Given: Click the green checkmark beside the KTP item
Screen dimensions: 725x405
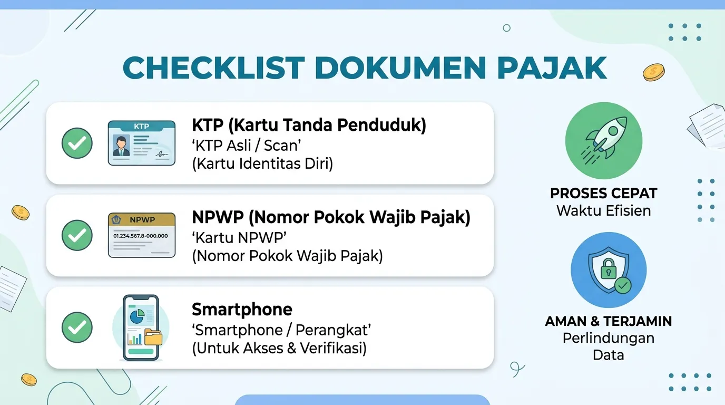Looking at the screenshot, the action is (x=77, y=143).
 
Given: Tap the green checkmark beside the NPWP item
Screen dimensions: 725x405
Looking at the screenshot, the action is (x=77, y=235).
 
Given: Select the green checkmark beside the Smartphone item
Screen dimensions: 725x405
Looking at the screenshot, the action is (x=77, y=327).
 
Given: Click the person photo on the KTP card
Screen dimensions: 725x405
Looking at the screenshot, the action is (x=121, y=147).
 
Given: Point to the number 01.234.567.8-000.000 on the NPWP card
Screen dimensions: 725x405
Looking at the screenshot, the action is (x=141, y=236).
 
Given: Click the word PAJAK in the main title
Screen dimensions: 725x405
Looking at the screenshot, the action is (x=552, y=67).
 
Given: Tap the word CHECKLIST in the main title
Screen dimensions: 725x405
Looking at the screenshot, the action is (x=213, y=67).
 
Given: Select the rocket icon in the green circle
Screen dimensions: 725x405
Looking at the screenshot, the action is (x=604, y=140).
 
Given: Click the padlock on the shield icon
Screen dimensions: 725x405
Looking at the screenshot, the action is (x=609, y=268).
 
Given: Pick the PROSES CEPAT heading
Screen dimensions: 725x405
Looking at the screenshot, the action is (x=604, y=194).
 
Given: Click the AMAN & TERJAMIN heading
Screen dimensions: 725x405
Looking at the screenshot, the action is (x=609, y=321).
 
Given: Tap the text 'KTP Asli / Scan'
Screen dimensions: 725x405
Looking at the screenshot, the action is (x=247, y=146).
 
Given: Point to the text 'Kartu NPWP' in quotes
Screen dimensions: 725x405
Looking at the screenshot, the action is (x=240, y=238).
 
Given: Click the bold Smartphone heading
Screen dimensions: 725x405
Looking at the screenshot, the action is (x=242, y=309).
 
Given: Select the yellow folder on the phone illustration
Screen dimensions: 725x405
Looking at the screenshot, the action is (x=153, y=337).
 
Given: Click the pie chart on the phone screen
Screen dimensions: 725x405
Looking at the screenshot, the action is (x=137, y=316).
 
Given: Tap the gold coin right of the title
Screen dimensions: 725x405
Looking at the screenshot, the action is (x=654, y=72).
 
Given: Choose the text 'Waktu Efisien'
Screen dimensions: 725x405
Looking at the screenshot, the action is (x=604, y=210).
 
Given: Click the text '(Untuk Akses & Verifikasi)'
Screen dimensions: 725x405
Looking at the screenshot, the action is (x=279, y=349).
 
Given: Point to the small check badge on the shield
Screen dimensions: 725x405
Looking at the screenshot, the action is (x=623, y=285).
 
